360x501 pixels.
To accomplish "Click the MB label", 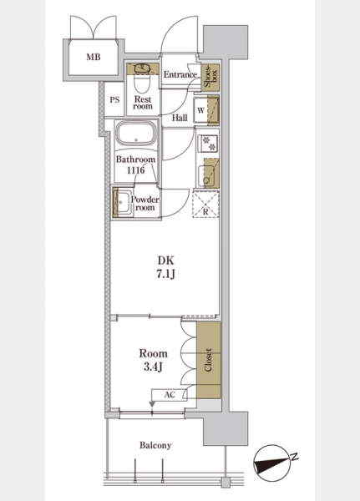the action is click(94, 57).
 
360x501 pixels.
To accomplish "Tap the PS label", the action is click(114, 100).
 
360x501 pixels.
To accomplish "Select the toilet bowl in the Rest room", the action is click(142, 82).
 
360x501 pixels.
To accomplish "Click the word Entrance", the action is click(180, 75).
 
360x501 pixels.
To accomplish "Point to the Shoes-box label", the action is click(210, 76).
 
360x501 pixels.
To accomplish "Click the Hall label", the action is click(180, 118).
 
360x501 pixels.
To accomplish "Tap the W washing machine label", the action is click(200, 111).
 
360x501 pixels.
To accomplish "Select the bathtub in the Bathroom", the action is click(135, 134).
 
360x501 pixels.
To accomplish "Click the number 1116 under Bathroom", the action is click(136, 170).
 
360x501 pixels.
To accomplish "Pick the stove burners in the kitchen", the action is click(208, 143).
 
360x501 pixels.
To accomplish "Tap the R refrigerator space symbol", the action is click(206, 204).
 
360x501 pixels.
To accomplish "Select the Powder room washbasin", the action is click(123, 202).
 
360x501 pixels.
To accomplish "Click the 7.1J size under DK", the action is click(166, 275).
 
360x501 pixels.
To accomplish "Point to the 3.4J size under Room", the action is click(153, 367).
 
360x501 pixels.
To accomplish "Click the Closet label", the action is click(208, 360).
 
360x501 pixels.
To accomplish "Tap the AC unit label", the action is click(170, 395).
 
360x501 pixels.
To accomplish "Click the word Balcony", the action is click(155, 445).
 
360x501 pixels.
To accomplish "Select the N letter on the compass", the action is click(295, 457).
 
